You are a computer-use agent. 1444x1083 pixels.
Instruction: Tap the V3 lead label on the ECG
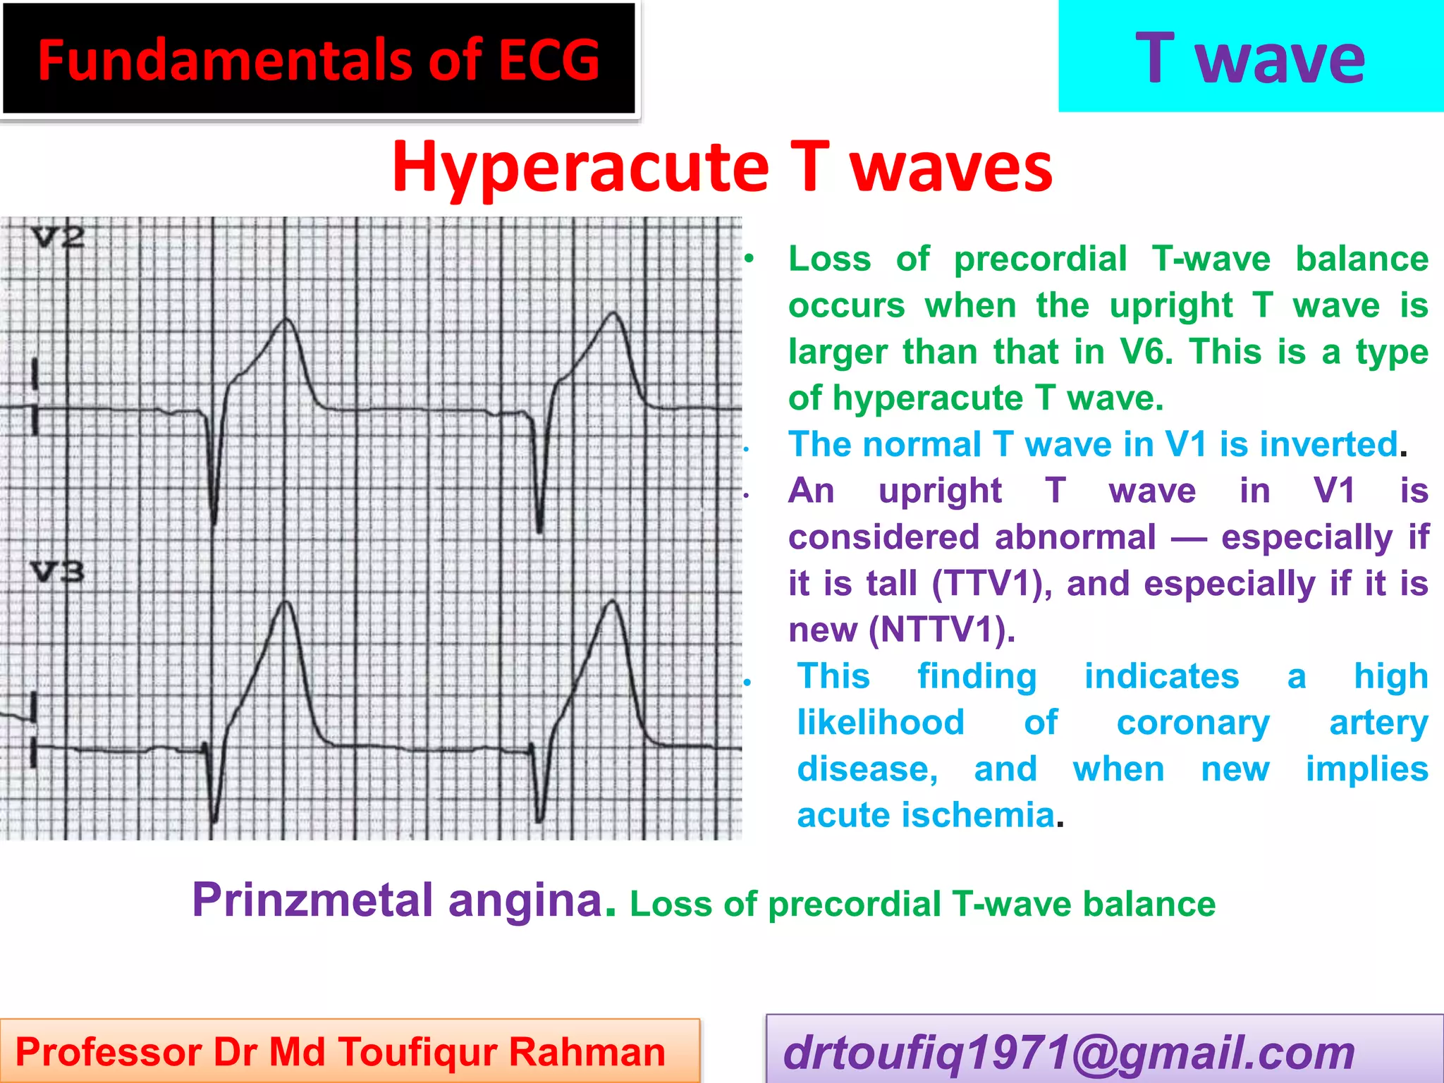point(58,571)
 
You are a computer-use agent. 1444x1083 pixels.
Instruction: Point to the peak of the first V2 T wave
point(286,319)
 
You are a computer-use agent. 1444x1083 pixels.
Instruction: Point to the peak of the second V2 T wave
point(615,313)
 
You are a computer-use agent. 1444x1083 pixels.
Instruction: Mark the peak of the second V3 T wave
point(613,601)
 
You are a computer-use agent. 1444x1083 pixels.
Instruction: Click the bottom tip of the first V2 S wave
point(214,523)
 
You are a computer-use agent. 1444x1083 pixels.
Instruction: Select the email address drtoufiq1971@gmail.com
point(1069,1053)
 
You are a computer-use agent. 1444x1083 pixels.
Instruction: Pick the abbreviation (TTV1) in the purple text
point(988,584)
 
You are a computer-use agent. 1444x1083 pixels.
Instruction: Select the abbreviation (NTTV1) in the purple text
point(942,630)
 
